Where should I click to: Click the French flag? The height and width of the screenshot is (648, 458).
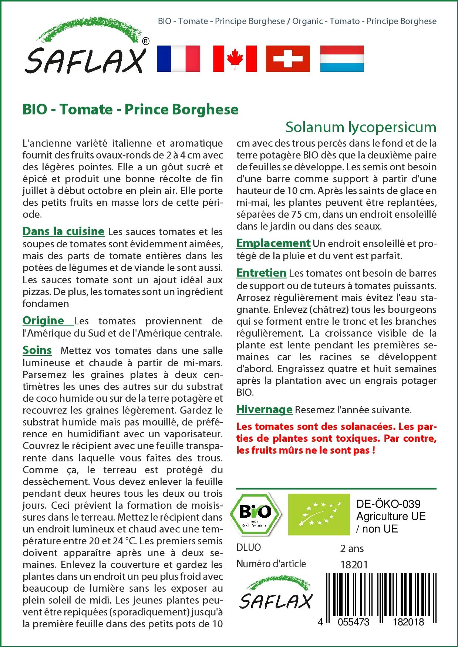[x=178, y=59]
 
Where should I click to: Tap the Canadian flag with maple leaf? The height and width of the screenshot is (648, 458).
[x=235, y=59]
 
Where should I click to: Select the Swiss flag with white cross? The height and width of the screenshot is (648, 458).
[x=288, y=59]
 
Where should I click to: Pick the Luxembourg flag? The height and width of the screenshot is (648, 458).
[x=342, y=59]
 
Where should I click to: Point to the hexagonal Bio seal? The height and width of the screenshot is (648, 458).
[x=256, y=514]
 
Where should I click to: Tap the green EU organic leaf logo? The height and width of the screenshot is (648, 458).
[x=319, y=514]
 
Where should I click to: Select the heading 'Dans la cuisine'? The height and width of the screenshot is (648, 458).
[x=63, y=231]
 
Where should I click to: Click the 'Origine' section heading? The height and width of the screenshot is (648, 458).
[x=43, y=320]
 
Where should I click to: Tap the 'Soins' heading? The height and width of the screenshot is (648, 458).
[x=37, y=350]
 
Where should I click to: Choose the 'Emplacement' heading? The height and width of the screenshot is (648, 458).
[x=273, y=243]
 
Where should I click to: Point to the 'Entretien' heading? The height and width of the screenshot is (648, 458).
[x=261, y=273]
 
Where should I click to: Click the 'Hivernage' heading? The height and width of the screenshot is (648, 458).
[x=264, y=410]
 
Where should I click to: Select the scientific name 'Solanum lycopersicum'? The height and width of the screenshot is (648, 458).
[x=361, y=127]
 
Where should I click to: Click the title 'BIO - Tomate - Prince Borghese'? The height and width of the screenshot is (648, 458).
[x=130, y=109]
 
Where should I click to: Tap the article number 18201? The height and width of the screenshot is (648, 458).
[x=354, y=564]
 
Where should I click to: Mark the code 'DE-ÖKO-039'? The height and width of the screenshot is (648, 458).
[x=388, y=504]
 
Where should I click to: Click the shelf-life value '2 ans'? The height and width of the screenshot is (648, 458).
[x=352, y=548]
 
